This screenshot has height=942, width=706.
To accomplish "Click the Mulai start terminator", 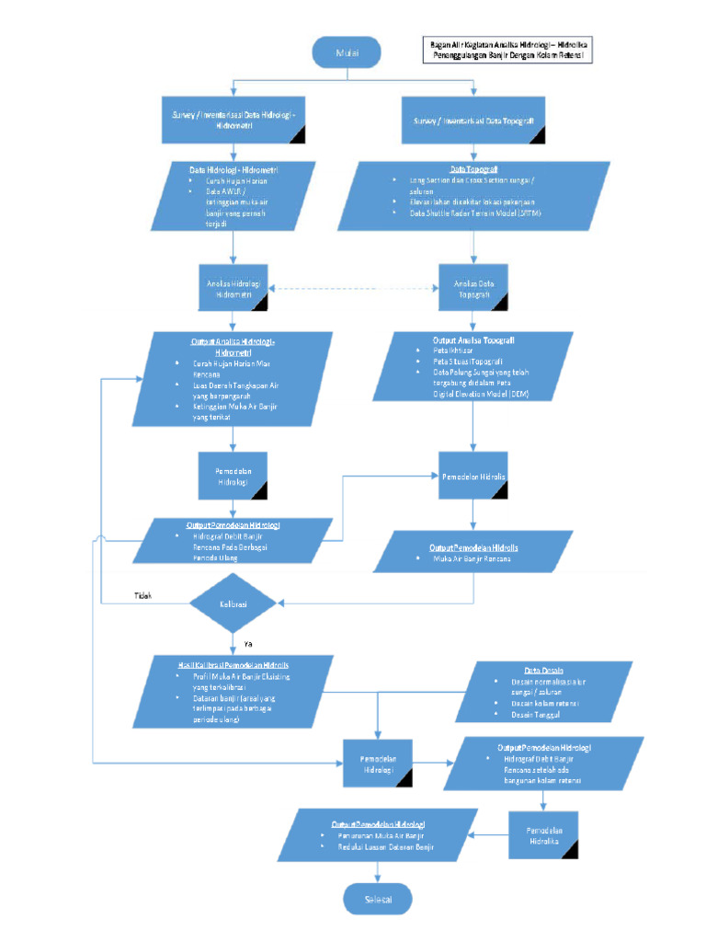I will [346, 52].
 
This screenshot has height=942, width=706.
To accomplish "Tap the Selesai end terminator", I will [376, 898].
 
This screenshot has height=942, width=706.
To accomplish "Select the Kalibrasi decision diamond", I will [233, 603].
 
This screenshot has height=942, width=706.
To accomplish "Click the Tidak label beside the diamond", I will [142, 595].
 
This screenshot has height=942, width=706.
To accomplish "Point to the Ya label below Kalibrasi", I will [247, 642].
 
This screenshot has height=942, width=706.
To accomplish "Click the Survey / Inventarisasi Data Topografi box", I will [473, 121].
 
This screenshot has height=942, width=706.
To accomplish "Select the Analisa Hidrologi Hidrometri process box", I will [233, 290].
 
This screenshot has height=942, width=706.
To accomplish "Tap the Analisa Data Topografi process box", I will [473, 289].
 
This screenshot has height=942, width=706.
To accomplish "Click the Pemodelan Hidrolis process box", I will [473, 477].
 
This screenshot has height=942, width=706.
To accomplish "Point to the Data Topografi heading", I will [473, 169].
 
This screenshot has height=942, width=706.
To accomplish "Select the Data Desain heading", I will [544, 671].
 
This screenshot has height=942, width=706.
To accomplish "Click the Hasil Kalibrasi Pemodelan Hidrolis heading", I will [233, 663].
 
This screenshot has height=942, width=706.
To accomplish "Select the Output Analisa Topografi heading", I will [473, 339].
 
